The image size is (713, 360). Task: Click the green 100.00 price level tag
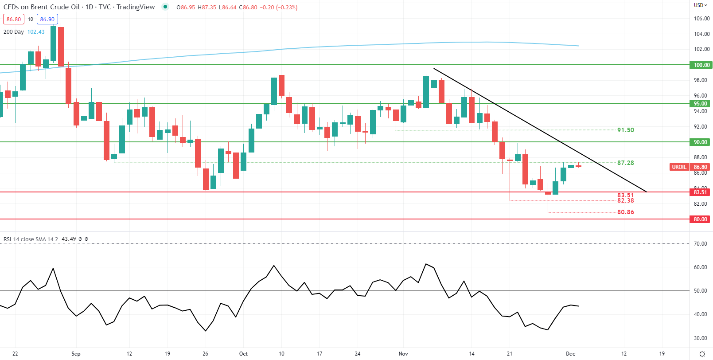coord(701,65)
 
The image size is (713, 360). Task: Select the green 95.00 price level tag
coord(701,104)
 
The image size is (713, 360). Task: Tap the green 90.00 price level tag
coord(701,142)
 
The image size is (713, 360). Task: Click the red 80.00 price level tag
coord(701,219)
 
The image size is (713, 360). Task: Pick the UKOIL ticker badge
coord(679,167)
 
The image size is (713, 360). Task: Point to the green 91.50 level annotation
coord(625,130)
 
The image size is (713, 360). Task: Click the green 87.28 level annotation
coord(625,163)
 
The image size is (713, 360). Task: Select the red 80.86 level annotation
coord(625,212)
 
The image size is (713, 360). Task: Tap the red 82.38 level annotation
coord(625,201)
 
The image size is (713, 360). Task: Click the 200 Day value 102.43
coord(36,32)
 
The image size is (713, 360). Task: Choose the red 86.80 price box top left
coord(14,20)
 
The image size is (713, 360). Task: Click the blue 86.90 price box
coord(47,20)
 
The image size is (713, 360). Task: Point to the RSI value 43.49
coord(69,239)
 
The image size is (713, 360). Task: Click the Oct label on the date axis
coord(243,354)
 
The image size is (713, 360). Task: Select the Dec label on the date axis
coord(570,354)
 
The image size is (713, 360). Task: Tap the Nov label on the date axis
coord(403,354)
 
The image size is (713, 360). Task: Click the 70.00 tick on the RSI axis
coord(700,244)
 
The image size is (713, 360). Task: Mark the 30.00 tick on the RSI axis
coord(700,338)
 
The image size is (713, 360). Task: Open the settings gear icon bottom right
coord(702,354)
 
